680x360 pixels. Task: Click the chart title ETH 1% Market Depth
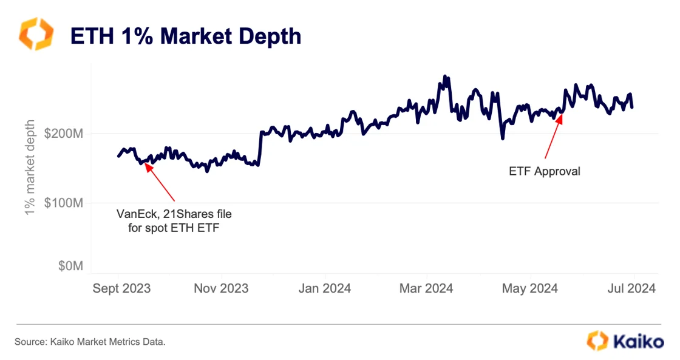186,36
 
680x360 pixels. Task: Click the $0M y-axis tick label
71,266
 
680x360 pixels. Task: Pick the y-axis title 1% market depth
32,169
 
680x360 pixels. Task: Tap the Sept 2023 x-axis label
121,288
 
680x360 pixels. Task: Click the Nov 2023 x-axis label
221,288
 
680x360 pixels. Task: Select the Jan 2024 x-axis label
324,288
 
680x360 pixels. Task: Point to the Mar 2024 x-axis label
426,288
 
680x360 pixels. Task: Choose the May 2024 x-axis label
530,288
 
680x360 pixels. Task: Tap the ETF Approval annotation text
544,171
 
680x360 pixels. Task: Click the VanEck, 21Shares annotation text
174,220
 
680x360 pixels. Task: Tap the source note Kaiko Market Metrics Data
90,342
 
